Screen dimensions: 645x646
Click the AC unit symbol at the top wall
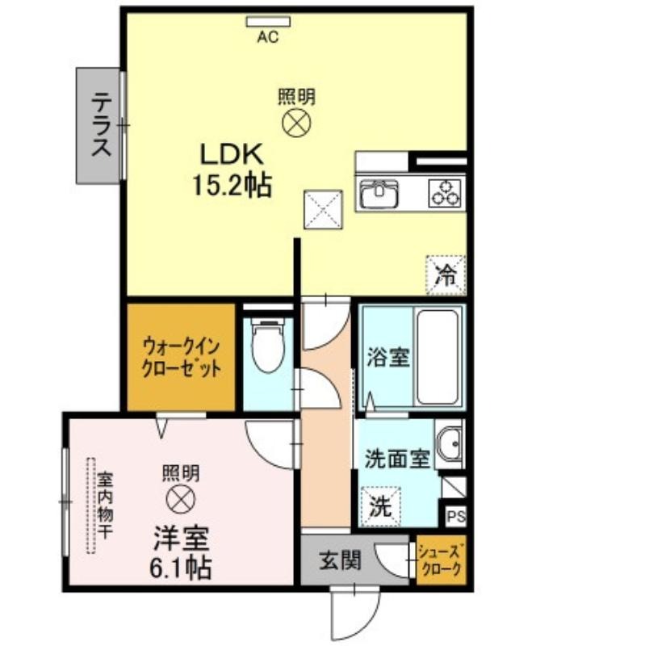(268, 22)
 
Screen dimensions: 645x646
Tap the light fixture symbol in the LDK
(296, 124)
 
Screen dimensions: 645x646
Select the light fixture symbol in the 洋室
(180, 499)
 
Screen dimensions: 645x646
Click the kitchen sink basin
(379, 194)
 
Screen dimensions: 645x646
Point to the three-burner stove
(445, 193)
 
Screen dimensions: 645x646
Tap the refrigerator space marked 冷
(446, 275)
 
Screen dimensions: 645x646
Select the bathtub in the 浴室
(437, 357)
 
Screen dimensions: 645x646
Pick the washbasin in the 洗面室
(450, 443)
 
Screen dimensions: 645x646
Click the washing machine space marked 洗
(380, 507)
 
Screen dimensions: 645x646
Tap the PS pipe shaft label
(456, 516)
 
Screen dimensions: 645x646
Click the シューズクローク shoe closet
(441, 560)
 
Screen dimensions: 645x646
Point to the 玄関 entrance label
(341, 560)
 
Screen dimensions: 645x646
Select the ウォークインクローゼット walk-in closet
(181, 357)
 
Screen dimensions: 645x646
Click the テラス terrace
(98, 126)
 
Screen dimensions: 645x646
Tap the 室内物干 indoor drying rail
(91, 505)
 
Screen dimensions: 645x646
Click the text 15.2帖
(232, 186)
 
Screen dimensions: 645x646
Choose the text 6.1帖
(180, 568)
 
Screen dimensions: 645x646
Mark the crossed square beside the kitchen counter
(324, 209)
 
